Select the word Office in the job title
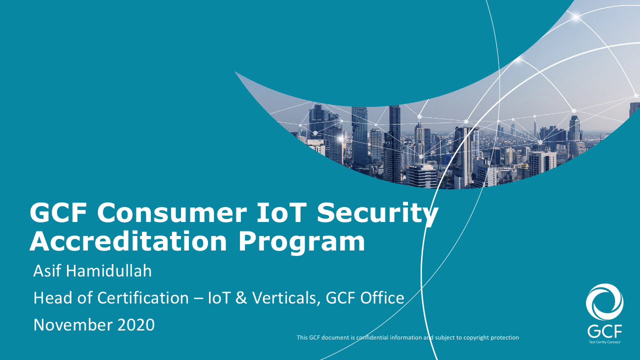(381, 298)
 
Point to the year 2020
(136, 325)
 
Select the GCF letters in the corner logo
(604, 331)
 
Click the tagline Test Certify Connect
(604, 342)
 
